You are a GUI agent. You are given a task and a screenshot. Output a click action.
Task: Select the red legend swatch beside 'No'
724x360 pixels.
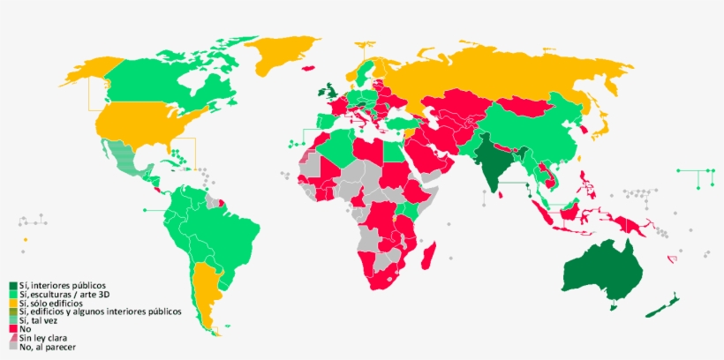[x=13, y=329]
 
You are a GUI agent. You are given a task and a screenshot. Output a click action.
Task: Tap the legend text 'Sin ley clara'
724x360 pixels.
[x=45, y=338]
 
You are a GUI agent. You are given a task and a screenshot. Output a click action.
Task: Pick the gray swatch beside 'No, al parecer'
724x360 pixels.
[x=13, y=347]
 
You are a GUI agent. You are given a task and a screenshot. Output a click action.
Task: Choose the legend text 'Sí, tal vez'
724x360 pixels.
[x=44, y=320]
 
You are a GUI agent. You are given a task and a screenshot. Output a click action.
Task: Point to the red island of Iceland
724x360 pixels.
[x=308, y=67]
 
